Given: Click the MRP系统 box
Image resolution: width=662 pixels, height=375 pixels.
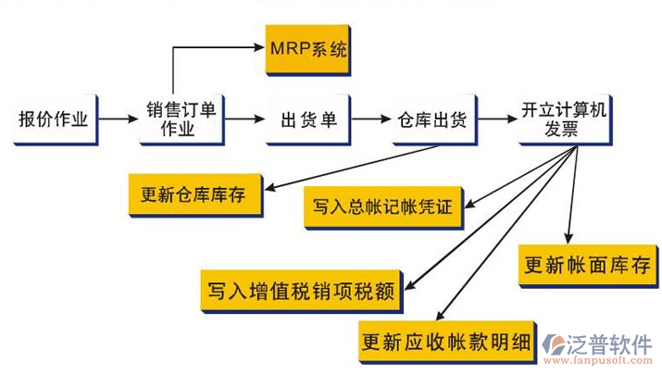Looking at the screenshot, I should tap(307, 48).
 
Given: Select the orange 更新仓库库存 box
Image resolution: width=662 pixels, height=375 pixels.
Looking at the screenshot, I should tap(194, 195).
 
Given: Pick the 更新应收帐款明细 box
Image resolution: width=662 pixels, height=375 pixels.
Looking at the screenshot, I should tap(447, 341).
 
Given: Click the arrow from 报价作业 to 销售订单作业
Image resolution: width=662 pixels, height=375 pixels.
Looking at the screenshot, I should tap(117, 119).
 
